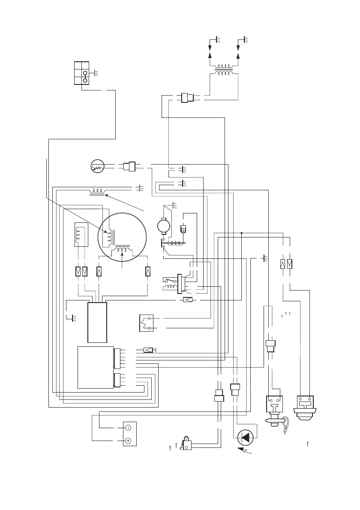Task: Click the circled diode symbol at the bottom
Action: coord(246,438)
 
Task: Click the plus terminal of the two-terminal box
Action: coord(128,441)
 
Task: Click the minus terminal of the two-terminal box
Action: coord(128,428)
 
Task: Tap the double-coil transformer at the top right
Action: coord(224,69)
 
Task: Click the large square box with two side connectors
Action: coord(96,367)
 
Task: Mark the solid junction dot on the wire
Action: coord(242,233)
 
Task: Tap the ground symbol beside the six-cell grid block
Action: coord(96,73)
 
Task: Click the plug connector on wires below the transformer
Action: coord(187,98)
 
